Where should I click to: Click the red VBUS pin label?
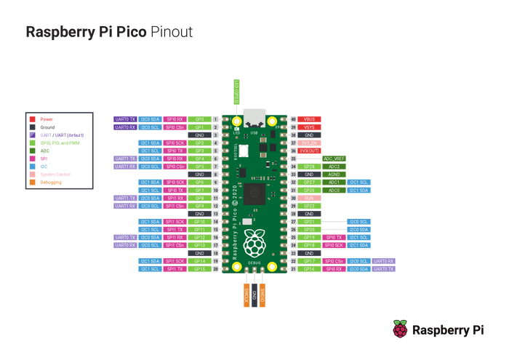pyautogui.click(x=310, y=119)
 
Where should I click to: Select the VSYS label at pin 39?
pyautogui.click(x=310, y=127)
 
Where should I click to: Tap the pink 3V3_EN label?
pyautogui.click(x=310, y=143)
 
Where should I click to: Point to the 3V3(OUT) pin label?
pyautogui.click(x=310, y=151)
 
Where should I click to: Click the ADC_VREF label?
pyautogui.click(x=334, y=159)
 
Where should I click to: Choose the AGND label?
pyautogui.click(x=334, y=175)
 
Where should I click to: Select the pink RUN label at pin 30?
pyautogui.click(x=310, y=198)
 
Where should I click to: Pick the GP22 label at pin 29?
pyautogui.click(x=310, y=206)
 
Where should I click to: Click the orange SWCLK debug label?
pyautogui.click(x=246, y=294)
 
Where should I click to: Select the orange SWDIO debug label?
pyautogui.click(x=262, y=294)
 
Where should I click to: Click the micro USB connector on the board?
pyautogui.click(x=254, y=116)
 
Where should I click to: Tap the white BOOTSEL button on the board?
pyautogui.click(x=244, y=150)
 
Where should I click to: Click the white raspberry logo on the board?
pyautogui.click(x=254, y=243)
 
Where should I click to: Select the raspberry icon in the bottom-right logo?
pyautogui.click(x=400, y=329)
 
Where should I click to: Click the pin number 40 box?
pyautogui.click(x=293, y=119)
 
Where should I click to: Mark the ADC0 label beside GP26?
pyautogui.click(x=334, y=190)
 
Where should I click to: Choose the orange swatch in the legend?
pyautogui.click(x=33, y=183)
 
